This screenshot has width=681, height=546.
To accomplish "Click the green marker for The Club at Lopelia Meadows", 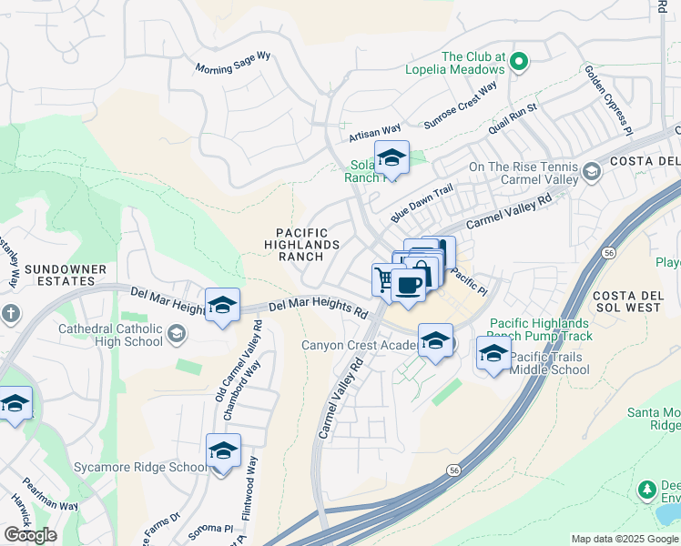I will tap(519, 62).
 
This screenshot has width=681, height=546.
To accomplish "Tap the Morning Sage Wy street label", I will tap(234, 62).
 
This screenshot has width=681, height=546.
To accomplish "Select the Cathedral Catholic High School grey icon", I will tap(176, 336).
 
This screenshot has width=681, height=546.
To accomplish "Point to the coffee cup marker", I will tap(409, 285).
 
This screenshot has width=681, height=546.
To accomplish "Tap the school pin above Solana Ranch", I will tap(391, 158).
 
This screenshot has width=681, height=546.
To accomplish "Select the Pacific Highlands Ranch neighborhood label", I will tap(302, 245).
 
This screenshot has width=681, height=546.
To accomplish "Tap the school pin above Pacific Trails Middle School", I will tap(493, 353).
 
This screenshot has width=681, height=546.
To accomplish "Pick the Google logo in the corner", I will tap(30, 535).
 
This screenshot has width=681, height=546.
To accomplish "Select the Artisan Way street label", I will tap(375, 134).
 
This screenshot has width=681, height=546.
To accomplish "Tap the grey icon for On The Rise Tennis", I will tap(592, 172).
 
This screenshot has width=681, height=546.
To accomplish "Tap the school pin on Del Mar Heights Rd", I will tap(222, 307).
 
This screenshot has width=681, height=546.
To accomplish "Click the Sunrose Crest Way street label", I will tap(462, 106).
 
